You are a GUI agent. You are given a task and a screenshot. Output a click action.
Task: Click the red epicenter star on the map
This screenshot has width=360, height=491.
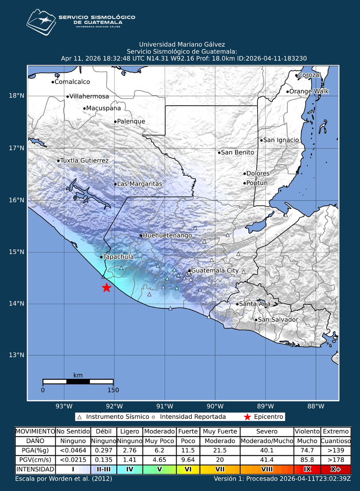point(106,288)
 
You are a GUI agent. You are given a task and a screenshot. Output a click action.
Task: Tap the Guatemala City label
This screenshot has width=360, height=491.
point(215,271)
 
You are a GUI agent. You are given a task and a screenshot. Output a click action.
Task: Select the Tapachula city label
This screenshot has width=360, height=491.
point(118,257)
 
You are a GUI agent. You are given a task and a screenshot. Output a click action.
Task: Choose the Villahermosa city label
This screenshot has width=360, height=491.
point(89,97)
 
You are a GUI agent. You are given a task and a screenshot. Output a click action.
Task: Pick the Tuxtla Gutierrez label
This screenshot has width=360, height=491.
point(84,160)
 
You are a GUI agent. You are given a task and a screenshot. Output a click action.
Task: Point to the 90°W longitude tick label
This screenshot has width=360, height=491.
point(215,406)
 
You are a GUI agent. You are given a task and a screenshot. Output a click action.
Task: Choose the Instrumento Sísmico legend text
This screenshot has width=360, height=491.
point(115,417)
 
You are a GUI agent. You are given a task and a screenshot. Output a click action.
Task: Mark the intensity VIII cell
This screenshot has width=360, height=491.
point(267,469)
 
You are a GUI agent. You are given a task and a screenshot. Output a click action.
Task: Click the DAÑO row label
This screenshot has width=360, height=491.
point(35,441)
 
